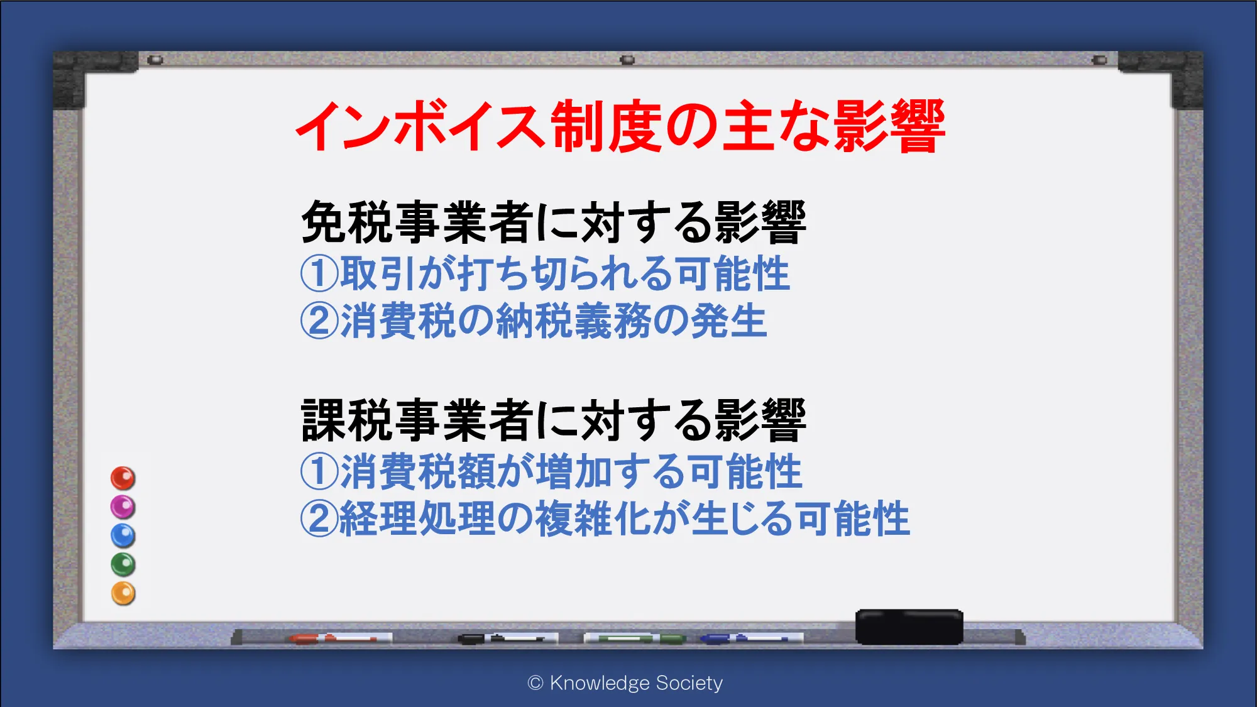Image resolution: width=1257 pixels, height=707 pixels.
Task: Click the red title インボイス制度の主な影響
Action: click(620, 126)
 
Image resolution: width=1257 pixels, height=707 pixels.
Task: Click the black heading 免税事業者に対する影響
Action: click(554, 222)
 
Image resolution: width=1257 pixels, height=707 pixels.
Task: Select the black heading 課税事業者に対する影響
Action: click(554, 420)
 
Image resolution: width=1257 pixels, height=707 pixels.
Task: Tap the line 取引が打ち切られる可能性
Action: click(564, 274)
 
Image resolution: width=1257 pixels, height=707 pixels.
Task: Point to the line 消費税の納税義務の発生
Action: click(553, 321)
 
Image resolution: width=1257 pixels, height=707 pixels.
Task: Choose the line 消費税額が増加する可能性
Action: click(571, 471)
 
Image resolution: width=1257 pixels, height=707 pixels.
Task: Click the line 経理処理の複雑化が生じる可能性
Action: click(625, 518)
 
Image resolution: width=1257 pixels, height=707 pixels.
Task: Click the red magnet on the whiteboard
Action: click(123, 478)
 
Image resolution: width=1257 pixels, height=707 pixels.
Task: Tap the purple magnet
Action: click(123, 507)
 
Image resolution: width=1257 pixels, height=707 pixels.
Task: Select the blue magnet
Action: click(123, 536)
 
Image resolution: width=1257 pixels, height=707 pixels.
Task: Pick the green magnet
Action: click(123, 564)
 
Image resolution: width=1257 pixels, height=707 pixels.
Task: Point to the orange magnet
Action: click(123, 593)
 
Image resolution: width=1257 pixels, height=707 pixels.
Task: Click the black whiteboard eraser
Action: click(909, 627)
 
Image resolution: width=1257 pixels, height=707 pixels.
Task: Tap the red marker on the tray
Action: click(340, 638)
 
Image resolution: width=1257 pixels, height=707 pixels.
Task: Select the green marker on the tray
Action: click(635, 638)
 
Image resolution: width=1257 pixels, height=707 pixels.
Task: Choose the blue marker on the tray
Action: click(752, 638)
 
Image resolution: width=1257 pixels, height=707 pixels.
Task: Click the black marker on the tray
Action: click(508, 638)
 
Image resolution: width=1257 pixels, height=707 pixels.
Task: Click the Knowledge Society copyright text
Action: click(625, 683)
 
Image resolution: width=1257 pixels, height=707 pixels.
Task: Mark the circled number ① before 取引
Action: click(319, 274)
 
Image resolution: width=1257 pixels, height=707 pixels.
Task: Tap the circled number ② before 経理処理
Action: click(319, 518)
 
